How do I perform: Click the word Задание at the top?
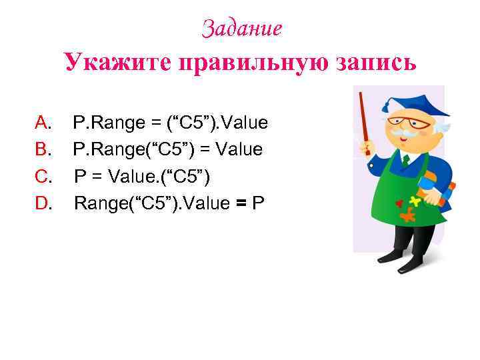[242, 28]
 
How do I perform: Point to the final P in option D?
[257, 203]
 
